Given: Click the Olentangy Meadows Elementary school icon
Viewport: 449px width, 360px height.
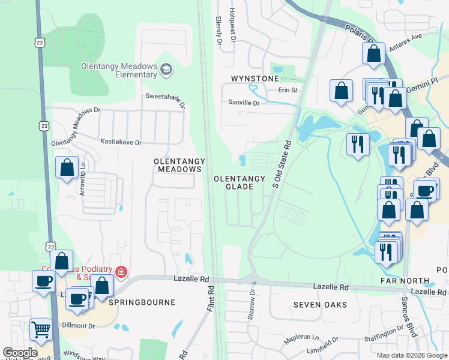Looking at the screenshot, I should (x=166, y=71).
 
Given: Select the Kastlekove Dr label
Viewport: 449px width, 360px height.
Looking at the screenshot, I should (x=121, y=142).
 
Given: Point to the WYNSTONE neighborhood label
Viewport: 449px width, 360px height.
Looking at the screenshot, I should (x=255, y=79).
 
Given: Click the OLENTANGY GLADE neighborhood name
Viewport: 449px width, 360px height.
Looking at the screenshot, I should (x=240, y=182).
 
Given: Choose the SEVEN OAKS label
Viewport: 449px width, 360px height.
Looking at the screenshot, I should (x=320, y=305).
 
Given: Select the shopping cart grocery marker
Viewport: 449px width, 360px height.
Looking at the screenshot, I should (x=41, y=328).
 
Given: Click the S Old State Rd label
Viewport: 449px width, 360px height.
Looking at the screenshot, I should (x=282, y=165).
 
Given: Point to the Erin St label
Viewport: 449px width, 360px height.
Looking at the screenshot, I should (x=288, y=90).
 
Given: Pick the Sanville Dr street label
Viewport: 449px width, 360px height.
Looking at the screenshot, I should (x=243, y=103).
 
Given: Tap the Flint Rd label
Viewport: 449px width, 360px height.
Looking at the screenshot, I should (x=211, y=298).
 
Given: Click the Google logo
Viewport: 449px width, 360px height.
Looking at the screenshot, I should (x=20, y=352).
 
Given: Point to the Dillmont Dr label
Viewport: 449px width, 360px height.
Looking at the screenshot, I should (x=79, y=326).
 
